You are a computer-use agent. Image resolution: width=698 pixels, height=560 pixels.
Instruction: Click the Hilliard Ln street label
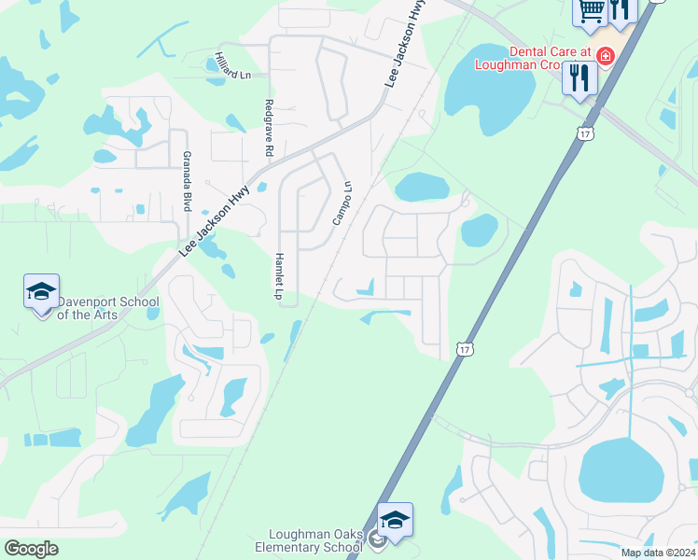point(233,65)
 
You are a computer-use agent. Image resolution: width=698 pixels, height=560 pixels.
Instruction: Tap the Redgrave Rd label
point(269,127)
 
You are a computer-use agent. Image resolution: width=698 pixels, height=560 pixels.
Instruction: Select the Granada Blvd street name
point(187,181)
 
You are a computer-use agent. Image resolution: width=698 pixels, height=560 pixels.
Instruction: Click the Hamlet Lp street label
point(277,275)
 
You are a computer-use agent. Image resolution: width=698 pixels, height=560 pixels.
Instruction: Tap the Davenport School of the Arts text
point(107,308)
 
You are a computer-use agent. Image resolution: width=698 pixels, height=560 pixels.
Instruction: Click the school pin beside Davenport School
point(42,292)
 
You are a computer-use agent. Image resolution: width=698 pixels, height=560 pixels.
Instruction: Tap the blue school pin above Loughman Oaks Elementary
point(395,521)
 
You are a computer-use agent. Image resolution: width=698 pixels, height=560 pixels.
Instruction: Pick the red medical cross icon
point(606,56)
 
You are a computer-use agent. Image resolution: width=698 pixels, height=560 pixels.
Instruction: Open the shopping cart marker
point(590,11)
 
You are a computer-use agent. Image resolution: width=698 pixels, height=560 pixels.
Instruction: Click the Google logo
point(31,549)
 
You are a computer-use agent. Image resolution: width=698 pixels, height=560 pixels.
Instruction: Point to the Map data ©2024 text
point(658,553)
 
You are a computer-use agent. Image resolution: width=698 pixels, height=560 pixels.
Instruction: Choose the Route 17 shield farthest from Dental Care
point(465,349)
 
